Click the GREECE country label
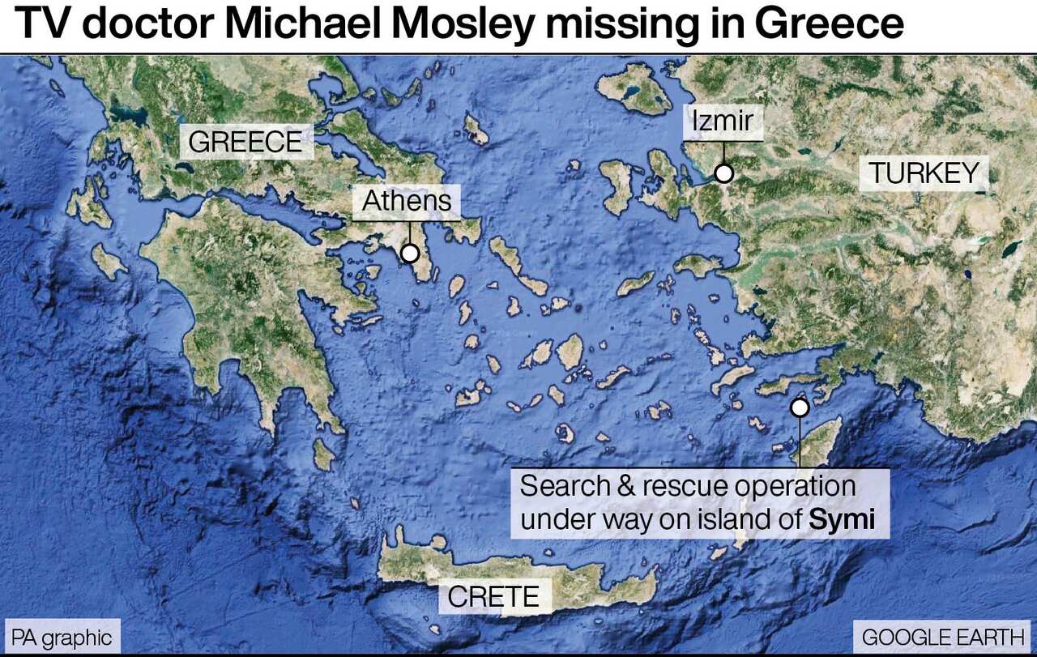(x=245, y=143)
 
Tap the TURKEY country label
(x=924, y=173)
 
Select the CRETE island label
(x=493, y=597)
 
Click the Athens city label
(x=407, y=201)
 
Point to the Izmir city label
(x=723, y=122)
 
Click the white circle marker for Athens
(x=410, y=254)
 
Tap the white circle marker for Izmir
(x=723, y=173)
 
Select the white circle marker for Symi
(x=800, y=407)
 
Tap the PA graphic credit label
(x=62, y=637)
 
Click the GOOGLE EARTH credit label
(x=941, y=637)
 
